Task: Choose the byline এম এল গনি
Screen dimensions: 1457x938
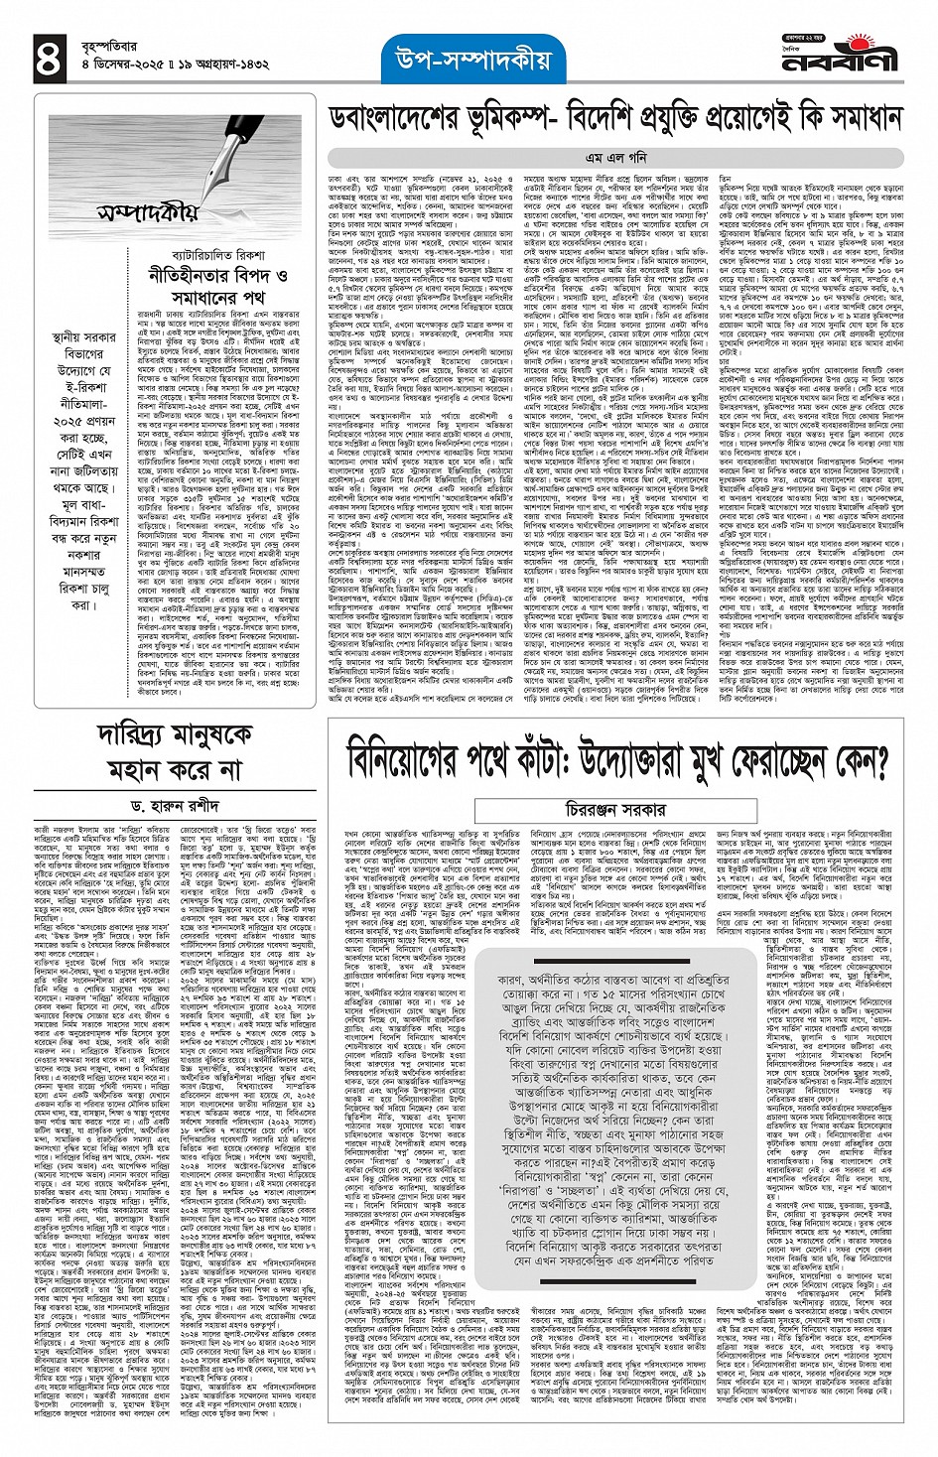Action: click(x=615, y=157)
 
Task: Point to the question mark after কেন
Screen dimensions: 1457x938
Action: click(x=874, y=763)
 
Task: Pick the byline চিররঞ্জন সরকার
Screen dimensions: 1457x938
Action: click(x=616, y=810)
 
